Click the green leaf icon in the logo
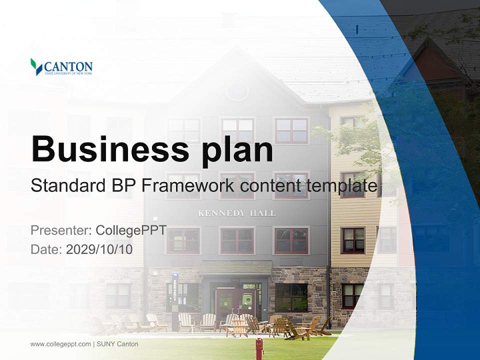tap(36, 66)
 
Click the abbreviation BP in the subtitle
tap(123, 186)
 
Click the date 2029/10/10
tap(99, 249)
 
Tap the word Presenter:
tap(60, 230)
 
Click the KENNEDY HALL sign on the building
tap(236, 213)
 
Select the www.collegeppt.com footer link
tap(60, 344)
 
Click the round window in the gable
tap(237, 91)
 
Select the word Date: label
tap(46, 249)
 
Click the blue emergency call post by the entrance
tap(174, 295)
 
